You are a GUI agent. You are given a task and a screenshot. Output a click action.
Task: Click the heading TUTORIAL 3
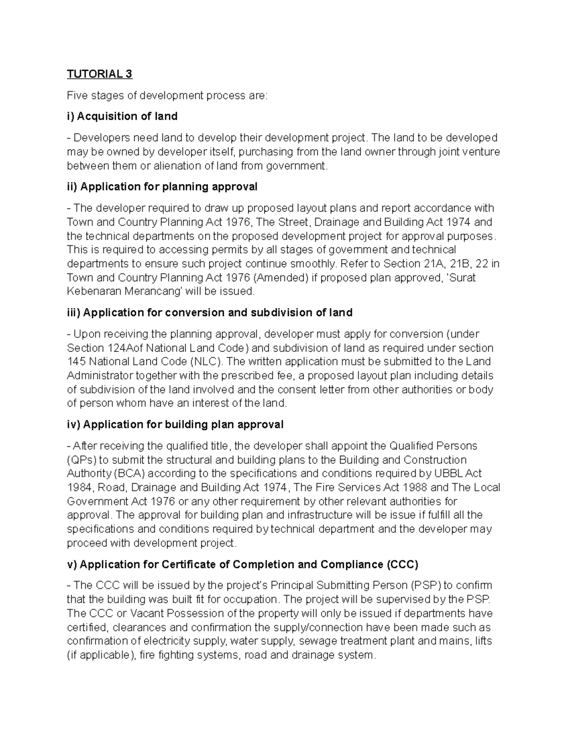coord(99,74)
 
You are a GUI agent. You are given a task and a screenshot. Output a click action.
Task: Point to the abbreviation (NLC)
coord(207,362)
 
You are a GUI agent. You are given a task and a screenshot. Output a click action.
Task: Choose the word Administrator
coord(101,376)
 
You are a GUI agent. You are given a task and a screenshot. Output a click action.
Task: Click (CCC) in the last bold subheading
coord(402,565)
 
